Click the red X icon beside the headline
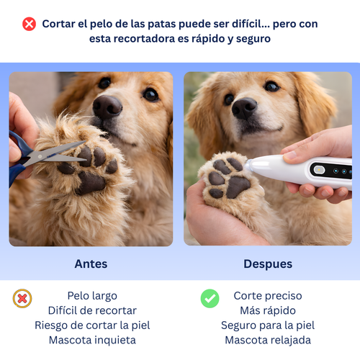pos(29,24)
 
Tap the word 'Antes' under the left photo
pos(91,264)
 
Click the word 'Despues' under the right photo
pos(268,264)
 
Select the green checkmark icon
pos(210,297)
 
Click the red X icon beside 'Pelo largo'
pos(22,297)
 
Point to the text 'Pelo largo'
pos(91,296)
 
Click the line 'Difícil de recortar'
pos(91,310)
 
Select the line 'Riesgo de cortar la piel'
pos(91,325)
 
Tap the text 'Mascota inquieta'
pos(91,340)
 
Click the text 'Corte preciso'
pos(268,296)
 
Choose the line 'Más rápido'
pos(268,310)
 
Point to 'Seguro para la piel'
pos(268,325)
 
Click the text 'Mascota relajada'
pos(268,340)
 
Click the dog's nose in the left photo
pos(107,107)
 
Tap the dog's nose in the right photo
pos(244,107)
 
